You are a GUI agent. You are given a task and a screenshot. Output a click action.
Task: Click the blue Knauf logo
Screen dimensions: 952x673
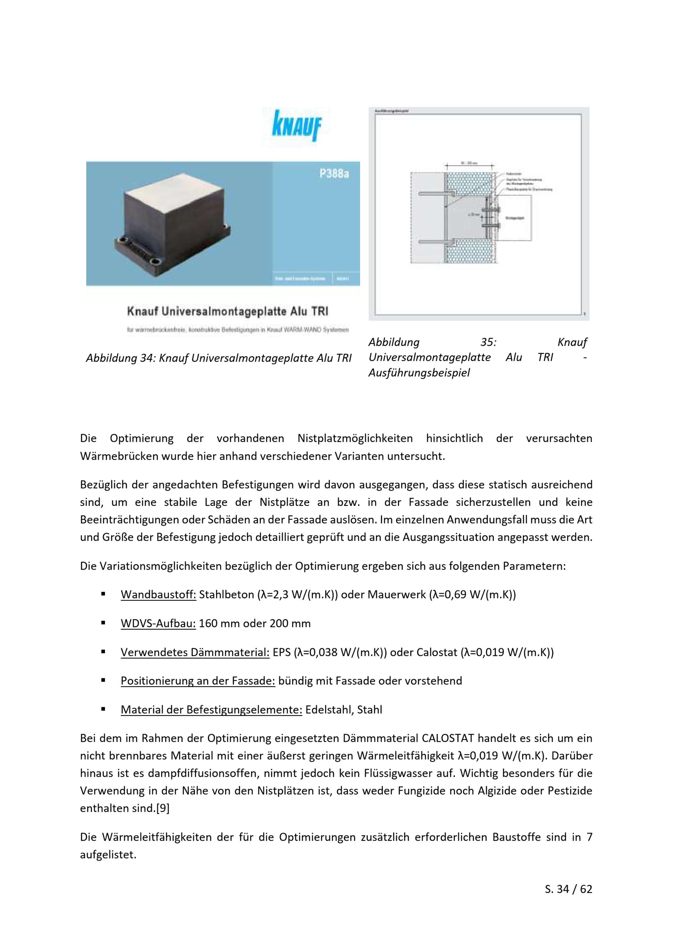tap(296, 126)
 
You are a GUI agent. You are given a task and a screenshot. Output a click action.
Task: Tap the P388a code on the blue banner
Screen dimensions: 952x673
tap(334, 174)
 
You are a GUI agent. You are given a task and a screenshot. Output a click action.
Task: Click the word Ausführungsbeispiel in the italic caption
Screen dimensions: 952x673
tap(419, 373)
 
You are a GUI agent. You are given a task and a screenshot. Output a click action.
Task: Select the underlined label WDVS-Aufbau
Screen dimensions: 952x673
tap(158, 623)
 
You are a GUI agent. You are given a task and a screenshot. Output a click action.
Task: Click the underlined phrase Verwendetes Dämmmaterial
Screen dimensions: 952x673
tap(195, 652)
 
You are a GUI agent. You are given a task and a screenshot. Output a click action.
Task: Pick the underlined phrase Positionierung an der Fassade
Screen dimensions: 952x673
tap(198, 681)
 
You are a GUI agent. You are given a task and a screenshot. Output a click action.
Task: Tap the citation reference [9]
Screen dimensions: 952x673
tap(163, 808)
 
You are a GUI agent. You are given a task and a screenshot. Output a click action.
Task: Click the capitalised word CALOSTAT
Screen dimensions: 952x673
tap(448, 739)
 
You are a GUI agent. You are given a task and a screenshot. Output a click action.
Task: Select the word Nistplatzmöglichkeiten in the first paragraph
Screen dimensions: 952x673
tap(355, 438)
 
